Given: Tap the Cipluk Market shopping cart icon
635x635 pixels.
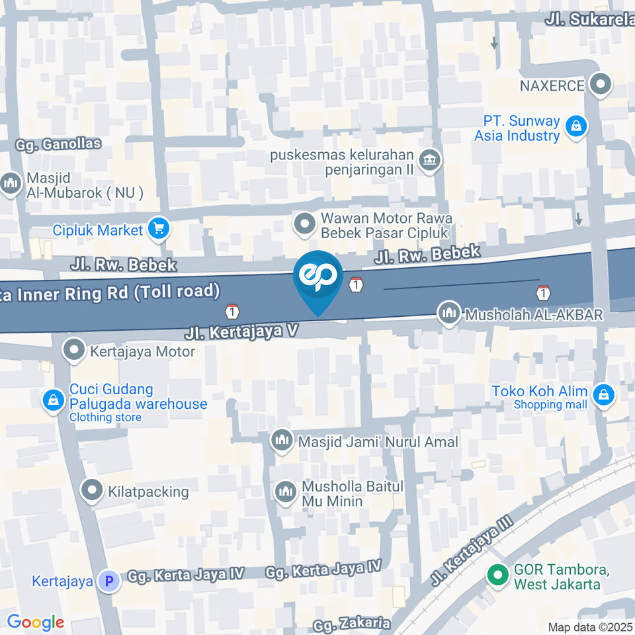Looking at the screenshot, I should coord(159,230).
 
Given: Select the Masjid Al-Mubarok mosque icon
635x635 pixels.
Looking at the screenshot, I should coord(11,184).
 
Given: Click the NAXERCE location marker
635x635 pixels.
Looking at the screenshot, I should coord(601,85).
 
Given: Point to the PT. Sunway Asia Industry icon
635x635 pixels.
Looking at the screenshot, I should coord(577,127).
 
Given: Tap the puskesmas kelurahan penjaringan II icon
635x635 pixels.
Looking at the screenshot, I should coord(431,159).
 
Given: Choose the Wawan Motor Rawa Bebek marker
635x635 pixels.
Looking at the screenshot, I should coord(305,224).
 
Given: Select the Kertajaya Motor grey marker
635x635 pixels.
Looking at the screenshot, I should coord(74,350).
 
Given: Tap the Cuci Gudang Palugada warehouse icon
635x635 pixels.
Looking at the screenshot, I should coord(52,400).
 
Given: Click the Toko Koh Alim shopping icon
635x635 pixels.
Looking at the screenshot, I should coord(603,396).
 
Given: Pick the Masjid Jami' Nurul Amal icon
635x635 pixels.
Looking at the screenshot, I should coord(282,441).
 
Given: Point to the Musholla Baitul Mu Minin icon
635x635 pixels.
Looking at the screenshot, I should coord(286,493).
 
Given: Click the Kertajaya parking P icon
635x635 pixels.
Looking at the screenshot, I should coord(108,581).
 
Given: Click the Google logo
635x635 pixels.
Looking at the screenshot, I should coord(35,622).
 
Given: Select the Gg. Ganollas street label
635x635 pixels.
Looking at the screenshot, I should coord(59,144).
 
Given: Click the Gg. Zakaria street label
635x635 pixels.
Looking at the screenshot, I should coord(353,623).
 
